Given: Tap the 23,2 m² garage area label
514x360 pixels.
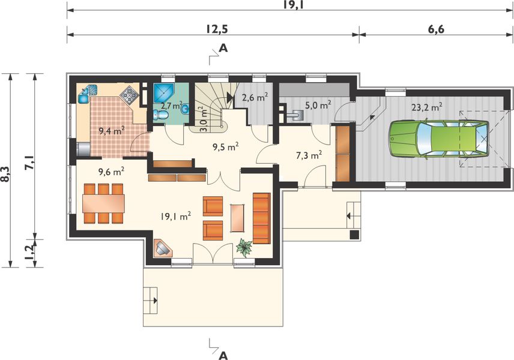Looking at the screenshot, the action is pyautogui.click(x=428, y=107).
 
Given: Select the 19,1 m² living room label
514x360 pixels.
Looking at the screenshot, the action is pyautogui.click(x=176, y=216).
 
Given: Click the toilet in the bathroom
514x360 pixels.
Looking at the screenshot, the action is pyautogui.click(x=160, y=115).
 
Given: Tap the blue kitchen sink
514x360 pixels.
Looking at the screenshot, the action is pyautogui.click(x=88, y=94).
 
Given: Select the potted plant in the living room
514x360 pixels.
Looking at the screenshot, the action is pyautogui.click(x=244, y=247).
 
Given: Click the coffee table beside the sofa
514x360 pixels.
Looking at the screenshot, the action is pyautogui.click(x=238, y=218).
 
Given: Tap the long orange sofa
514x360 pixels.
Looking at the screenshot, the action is pyautogui.click(x=262, y=218).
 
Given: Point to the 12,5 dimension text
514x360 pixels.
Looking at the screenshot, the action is pyautogui.click(x=217, y=29).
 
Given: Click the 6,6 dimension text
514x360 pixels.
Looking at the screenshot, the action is pyautogui.click(x=436, y=29).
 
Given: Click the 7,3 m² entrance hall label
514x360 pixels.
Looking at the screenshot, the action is pyautogui.click(x=309, y=155).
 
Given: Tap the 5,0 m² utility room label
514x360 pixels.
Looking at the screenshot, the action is pyautogui.click(x=318, y=106).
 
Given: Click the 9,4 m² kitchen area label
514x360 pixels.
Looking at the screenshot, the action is pyautogui.click(x=112, y=131).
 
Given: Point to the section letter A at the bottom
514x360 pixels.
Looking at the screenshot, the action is pyautogui.click(x=223, y=355).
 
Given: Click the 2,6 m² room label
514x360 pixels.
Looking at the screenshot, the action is pyautogui.click(x=255, y=97).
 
